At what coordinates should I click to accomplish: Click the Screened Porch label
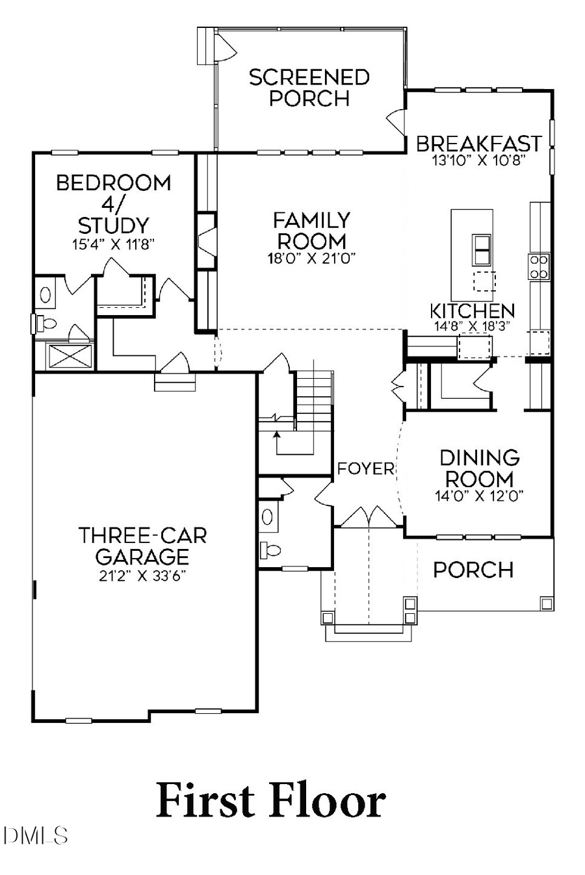[x=309, y=88]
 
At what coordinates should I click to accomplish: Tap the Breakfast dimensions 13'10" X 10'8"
[x=478, y=160]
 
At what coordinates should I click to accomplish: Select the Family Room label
[x=311, y=230]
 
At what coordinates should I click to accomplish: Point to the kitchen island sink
[x=482, y=247]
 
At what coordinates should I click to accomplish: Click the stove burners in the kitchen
[x=539, y=266]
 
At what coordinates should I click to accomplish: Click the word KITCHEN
[x=473, y=311]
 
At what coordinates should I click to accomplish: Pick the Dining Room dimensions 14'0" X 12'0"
[x=480, y=496]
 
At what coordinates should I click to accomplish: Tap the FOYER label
[x=365, y=468]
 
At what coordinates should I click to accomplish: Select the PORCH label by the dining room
[x=473, y=570]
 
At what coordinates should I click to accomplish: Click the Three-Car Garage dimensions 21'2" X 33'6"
[x=142, y=576]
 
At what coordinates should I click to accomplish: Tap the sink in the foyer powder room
[x=267, y=517]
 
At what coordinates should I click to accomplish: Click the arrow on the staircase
[x=277, y=433]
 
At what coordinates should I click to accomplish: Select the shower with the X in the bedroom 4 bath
[x=64, y=356]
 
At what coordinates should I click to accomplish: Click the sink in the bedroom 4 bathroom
[x=45, y=294]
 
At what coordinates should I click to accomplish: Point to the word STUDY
[x=114, y=225]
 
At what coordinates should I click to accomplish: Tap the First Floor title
[x=271, y=801]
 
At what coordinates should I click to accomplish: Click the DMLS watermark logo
[x=35, y=835]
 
